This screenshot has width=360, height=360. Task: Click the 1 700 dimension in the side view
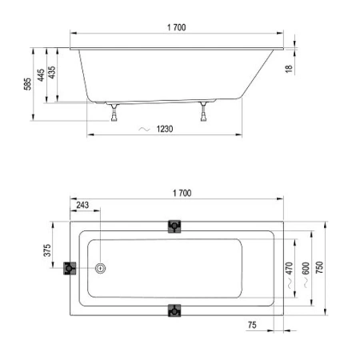pyautogui.click(x=177, y=28)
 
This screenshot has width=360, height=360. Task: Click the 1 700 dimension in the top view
pyautogui.click(x=181, y=194)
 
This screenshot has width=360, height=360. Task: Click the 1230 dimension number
pyautogui.click(x=166, y=130)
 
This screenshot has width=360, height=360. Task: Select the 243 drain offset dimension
pyautogui.click(x=82, y=206)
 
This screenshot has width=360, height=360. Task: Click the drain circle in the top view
pyautogui.click(x=101, y=269)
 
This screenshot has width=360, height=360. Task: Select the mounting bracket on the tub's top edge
pyautogui.click(x=174, y=227)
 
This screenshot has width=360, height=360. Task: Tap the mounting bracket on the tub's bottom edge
pyautogui.click(x=174, y=310)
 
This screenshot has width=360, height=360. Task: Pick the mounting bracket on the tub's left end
pyautogui.click(x=70, y=269)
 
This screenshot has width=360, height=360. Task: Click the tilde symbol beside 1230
pyautogui.click(x=143, y=130)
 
